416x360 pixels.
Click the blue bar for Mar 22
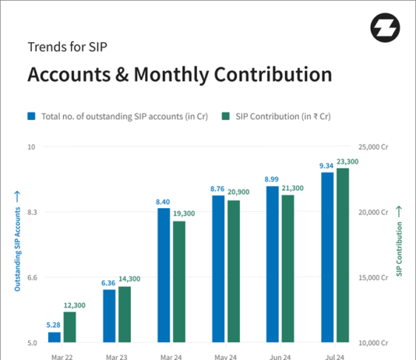55,337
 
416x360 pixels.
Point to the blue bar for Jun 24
273,264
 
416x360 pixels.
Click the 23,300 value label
347,161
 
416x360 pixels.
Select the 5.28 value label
54,325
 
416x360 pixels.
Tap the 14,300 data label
129,279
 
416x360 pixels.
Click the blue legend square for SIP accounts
32,116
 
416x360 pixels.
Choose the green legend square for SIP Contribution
225,116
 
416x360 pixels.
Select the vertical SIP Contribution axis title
399,242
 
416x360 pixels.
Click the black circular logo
385,28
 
